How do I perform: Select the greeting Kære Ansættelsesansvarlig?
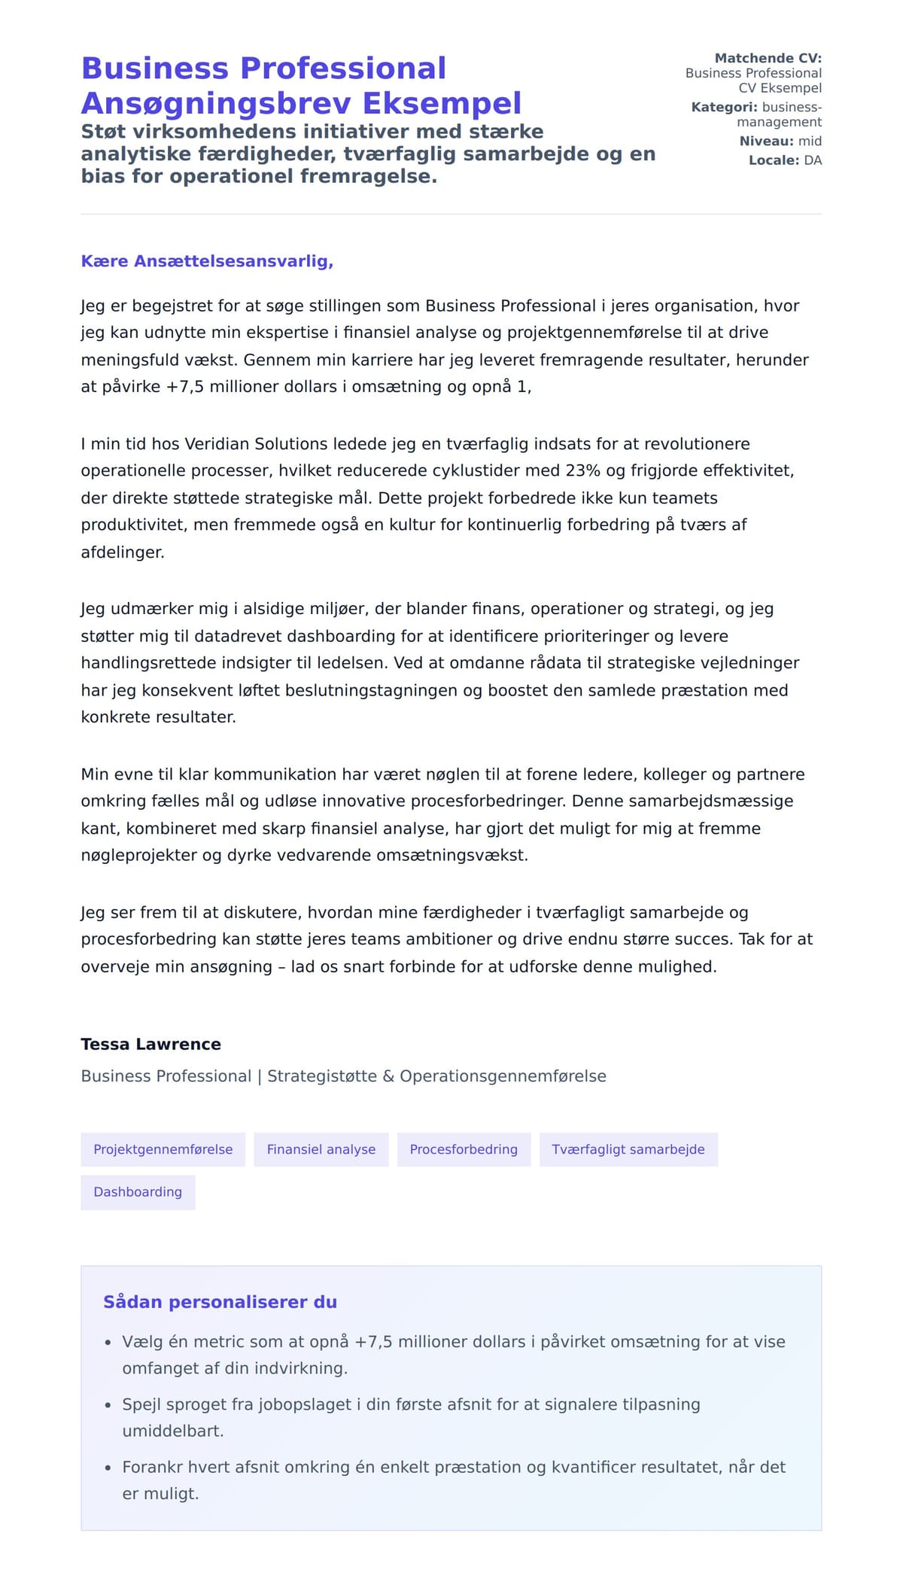coord(207,261)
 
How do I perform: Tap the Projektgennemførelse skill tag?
coord(163,1149)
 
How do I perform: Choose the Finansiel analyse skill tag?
coord(321,1149)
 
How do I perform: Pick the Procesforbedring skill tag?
coord(464,1149)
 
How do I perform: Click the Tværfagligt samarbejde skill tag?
coord(628,1149)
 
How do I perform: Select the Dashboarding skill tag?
coord(138,1192)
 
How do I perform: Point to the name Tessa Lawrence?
coord(150,1044)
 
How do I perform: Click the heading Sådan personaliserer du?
coord(220,1302)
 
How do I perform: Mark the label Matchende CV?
coord(768,58)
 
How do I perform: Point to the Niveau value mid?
coord(810,141)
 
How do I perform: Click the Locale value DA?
coord(813,160)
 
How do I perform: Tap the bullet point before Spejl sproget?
coord(108,1405)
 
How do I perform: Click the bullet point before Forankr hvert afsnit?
coord(108,1468)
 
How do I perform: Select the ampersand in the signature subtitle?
coord(388,1076)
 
